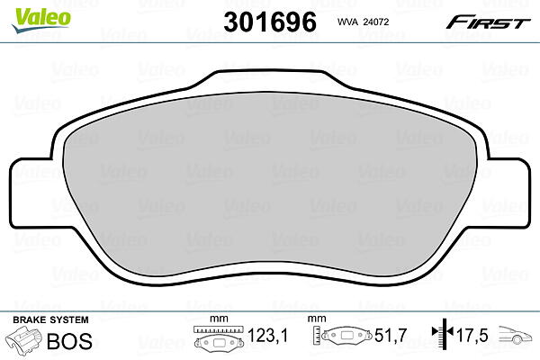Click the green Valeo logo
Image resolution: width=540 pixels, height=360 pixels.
41,21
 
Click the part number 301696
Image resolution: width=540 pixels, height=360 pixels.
270,22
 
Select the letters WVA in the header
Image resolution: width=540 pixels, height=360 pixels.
347,22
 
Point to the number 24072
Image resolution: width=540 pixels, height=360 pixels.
375,22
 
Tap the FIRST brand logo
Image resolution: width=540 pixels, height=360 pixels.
488,22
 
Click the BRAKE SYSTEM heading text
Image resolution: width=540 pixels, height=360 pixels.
50,319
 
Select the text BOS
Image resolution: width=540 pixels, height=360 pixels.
69,341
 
